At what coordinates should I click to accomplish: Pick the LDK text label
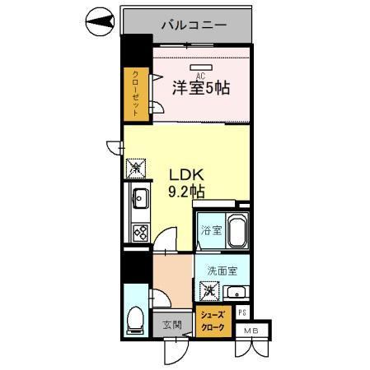point(185,175)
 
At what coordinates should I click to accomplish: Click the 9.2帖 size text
point(187,192)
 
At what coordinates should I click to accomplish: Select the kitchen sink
point(138,198)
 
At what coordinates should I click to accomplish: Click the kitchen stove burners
point(138,232)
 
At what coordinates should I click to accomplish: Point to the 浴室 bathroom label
point(210,229)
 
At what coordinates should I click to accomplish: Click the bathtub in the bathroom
point(237,230)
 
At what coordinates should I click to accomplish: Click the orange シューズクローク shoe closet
point(213,319)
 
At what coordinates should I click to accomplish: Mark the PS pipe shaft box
point(242,312)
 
